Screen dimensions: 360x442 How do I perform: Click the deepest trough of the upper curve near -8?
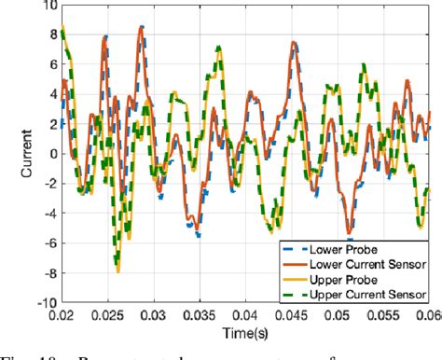(117, 270)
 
